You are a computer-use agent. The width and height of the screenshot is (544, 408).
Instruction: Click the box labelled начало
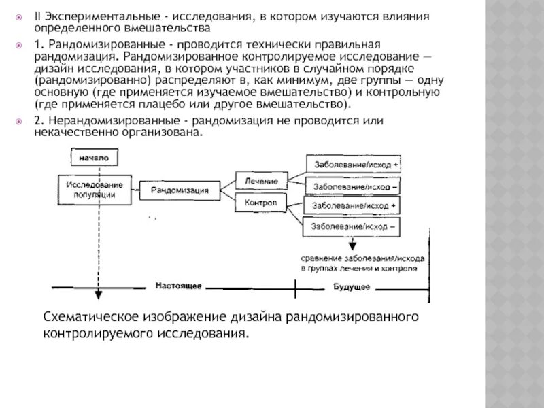[x=94, y=157]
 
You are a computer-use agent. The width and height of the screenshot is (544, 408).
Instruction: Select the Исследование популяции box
[x=95, y=189]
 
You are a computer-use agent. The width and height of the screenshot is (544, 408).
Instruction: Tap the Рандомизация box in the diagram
[x=180, y=191]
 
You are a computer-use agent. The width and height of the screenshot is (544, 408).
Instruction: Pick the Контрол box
[x=260, y=203]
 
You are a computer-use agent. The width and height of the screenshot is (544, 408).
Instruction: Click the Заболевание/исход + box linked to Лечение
[x=354, y=164]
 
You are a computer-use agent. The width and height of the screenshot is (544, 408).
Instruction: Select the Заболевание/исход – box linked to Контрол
[x=354, y=225]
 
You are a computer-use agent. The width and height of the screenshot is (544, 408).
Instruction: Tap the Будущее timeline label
[x=352, y=287]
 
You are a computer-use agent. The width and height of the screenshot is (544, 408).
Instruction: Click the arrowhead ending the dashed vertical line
[x=99, y=294]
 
